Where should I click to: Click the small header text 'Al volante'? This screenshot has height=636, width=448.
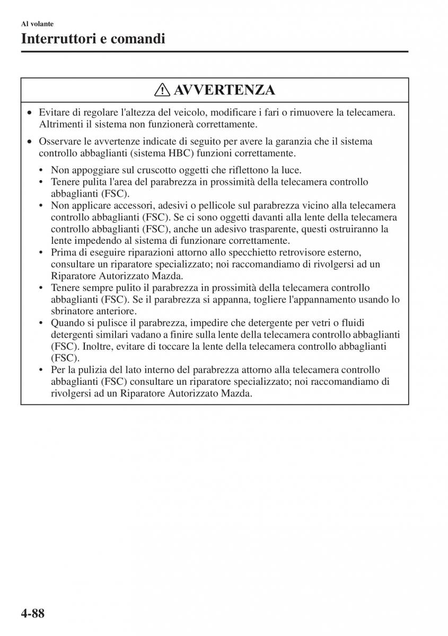pos(37,24)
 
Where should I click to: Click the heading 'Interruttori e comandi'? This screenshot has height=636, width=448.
pos(93,39)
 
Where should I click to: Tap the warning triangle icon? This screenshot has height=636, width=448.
pos(163,90)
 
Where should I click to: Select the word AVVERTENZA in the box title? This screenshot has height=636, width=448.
pos(224,90)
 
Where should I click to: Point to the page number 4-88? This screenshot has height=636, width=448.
pos(25,614)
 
